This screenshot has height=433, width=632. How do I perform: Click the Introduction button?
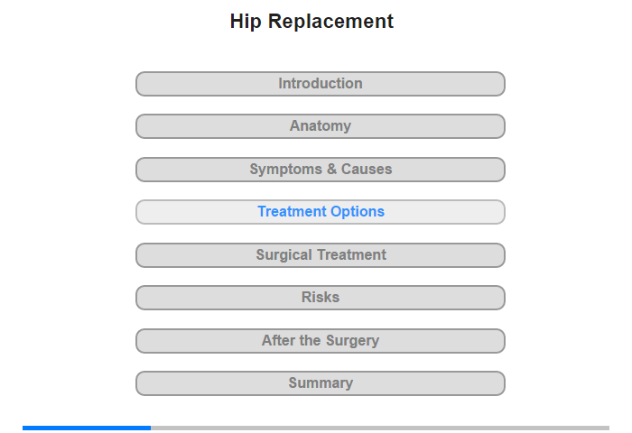coord(320,84)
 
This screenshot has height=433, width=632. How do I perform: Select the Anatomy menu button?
coord(320,126)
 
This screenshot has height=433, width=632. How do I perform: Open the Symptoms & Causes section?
coord(320,170)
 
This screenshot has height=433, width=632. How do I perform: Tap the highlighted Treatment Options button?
coord(320,212)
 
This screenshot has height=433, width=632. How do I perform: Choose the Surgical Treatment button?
coord(320,255)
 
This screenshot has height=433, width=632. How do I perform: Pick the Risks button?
coord(320,298)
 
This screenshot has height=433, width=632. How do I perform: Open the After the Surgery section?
coord(320,341)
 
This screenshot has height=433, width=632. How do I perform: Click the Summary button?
coord(320,383)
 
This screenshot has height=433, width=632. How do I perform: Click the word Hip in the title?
coord(246,22)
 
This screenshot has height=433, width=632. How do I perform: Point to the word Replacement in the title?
coord(330,22)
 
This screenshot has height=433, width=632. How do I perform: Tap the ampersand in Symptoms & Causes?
coord(331,169)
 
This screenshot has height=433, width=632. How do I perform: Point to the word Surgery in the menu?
coord(353,341)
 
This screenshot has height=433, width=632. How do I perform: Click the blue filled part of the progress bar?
coord(87,428)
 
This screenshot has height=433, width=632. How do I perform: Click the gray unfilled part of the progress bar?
coord(380,428)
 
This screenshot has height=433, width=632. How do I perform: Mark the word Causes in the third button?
coord(367,169)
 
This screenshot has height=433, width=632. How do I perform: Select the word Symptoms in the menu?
coord(286,170)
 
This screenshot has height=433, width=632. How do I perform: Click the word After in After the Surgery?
coord(278,340)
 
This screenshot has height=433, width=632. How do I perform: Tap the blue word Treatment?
coord(293,211)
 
